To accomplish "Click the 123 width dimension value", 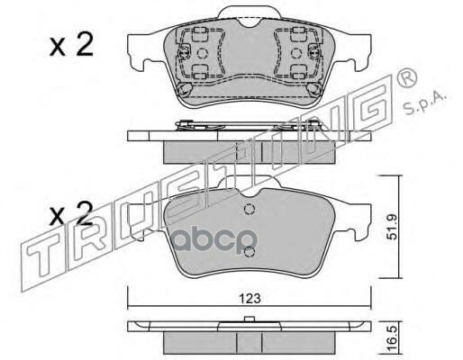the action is [250, 299].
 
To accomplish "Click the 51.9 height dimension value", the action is [392, 227].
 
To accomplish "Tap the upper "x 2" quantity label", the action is [71, 45].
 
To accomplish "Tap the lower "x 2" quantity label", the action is [71, 214].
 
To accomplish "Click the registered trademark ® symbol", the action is [407, 77].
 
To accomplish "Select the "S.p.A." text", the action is [425, 103].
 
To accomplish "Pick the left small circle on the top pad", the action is [203, 53].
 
